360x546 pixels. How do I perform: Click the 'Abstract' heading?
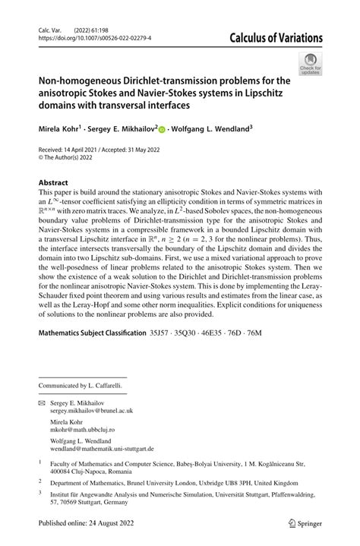click(x=53, y=183)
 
